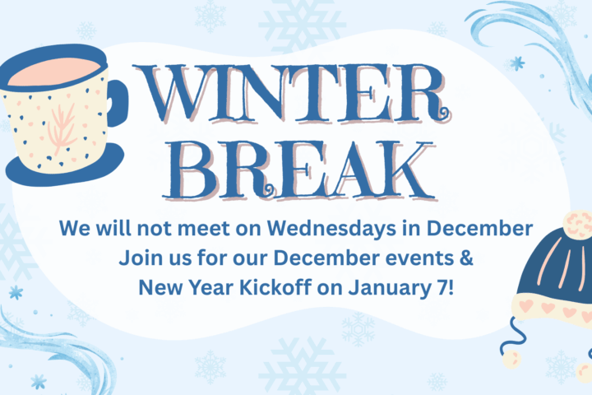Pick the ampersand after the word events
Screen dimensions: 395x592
click(x=465, y=258)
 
